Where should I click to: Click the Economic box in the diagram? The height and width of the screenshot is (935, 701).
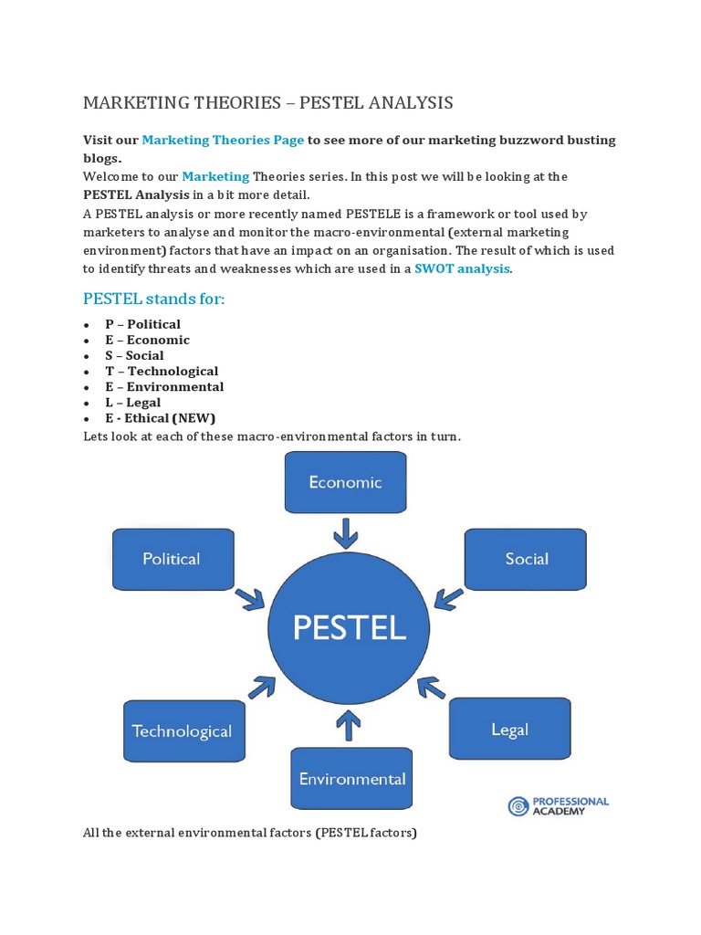pos(346,482)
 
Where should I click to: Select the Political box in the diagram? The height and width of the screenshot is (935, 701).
pos(173,559)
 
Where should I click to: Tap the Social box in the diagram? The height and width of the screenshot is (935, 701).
pos(526,559)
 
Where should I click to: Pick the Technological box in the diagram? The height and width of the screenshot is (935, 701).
pos(183,730)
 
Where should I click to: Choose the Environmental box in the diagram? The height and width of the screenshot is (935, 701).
pos(351,779)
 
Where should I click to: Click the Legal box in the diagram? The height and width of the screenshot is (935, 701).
pos(509,729)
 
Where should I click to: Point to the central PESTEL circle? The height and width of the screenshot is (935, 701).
pos(349,628)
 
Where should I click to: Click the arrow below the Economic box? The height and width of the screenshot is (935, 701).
pos(346,533)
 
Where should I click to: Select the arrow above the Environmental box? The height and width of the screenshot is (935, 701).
pos(348,726)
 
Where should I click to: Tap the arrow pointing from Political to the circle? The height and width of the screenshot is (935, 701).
pos(249,599)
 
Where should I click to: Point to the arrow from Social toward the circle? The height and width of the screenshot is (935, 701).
pos(447,597)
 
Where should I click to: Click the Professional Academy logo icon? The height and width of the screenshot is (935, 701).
pos(518,806)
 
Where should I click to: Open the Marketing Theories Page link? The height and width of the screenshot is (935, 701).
pos(223,140)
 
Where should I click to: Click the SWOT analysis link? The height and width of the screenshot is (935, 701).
pos(462,268)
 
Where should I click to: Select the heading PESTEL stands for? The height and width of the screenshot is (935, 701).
pos(153,299)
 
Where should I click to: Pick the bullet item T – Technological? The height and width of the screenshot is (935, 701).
pos(162,372)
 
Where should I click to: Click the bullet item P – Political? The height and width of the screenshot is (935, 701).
pos(142,324)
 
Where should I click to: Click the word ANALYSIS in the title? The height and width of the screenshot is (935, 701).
pos(407,102)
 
